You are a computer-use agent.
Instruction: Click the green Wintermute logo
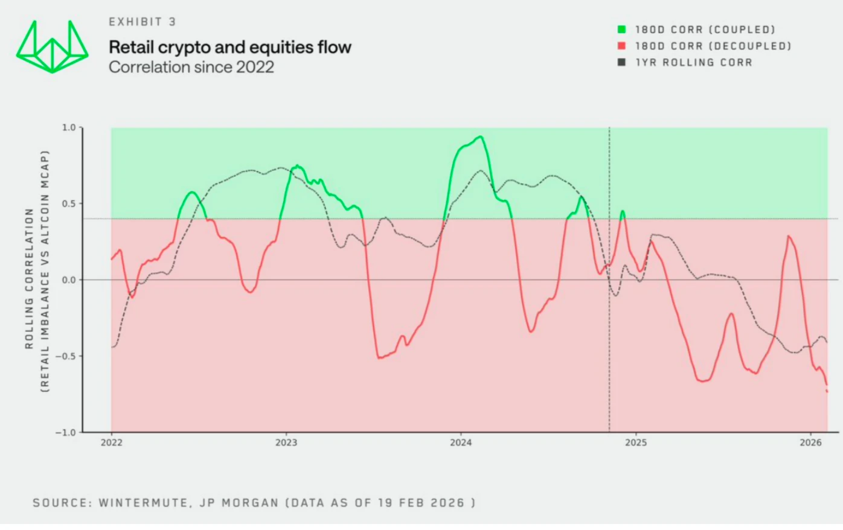click(x=52, y=47)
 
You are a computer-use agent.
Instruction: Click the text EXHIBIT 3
click(x=143, y=22)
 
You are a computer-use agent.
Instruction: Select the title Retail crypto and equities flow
click(x=230, y=47)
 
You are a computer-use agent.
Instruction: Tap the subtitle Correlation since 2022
click(x=191, y=67)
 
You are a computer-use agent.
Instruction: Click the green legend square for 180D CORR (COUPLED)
click(x=621, y=30)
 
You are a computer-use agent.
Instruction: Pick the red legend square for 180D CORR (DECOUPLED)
click(x=621, y=46)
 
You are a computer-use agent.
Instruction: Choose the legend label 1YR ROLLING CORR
click(x=694, y=62)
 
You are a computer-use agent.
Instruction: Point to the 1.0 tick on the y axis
click(x=69, y=127)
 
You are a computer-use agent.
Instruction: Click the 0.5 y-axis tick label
click(x=69, y=203)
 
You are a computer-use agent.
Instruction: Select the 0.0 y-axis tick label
click(x=69, y=280)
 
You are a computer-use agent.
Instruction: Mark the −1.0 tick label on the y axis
click(x=66, y=432)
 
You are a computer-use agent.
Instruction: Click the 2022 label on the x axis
click(x=111, y=443)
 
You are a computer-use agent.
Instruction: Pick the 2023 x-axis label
click(x=286, y=443)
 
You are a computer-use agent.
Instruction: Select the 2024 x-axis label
click(x=461, y=443)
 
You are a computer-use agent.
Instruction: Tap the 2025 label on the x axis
click(x=636, y=443)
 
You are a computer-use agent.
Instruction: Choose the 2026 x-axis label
click(x=810, y=443)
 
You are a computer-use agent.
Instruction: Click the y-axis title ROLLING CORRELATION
click(x=29, y=279)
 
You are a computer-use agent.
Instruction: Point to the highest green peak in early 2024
click(x=480, y=137)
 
